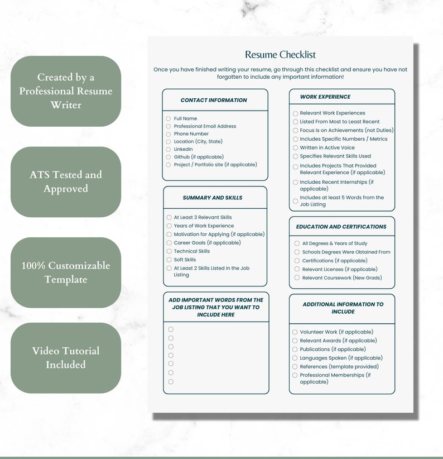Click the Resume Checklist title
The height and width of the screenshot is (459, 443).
click(x=280, y=55)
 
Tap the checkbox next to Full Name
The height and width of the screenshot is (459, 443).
click(x=168, y=118)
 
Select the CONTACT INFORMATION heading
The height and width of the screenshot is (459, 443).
click(x=214, y=101)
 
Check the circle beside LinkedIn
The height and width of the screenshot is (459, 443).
click(x=168, y=149)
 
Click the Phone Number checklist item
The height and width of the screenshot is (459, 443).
click(x=191, y=134)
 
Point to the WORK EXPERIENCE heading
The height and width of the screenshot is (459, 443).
click(x=325, y=97)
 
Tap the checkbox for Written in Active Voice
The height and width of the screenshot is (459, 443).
click(x=296, y=148)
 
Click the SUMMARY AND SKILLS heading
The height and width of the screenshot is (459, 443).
click(x=213, y=198)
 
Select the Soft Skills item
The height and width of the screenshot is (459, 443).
click(x=185, y=260)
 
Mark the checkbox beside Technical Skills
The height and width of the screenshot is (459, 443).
click(x=169, y=251)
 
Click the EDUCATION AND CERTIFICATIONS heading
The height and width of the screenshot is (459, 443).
click(x=341, y=227)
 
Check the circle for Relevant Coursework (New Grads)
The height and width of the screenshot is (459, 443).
click(x=297, y=278)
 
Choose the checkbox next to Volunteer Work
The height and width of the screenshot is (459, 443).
click(x=295, y=332)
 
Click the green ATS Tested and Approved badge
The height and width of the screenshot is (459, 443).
click(x=66, y=182)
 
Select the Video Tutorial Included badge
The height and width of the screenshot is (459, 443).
click(x=66, y=358)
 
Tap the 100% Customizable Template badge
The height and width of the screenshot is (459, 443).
click(x=66, y=272)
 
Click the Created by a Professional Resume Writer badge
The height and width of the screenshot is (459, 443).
click(x=66, y=91)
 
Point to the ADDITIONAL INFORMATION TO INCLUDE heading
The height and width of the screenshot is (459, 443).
click(x=343, y=308)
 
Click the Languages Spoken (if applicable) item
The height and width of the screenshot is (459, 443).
click(x=341, y=358)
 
